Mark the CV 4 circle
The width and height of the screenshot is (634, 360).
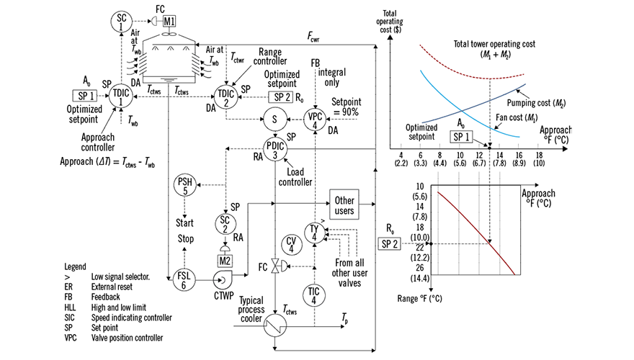coord(291,245)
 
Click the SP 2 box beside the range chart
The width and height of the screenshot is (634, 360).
coord(391,243)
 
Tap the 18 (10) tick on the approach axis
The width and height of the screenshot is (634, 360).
coord(538,158)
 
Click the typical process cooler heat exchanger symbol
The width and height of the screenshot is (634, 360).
coord(274,325)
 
